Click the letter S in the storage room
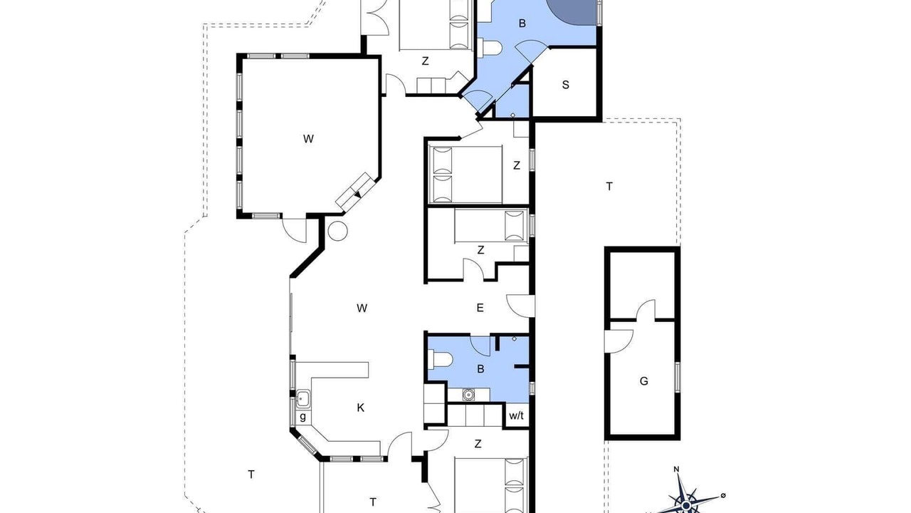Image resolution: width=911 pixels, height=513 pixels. pyautogui.click(x=565, y=85)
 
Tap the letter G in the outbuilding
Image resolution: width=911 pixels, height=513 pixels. pyautogui.click(x=644, y=381)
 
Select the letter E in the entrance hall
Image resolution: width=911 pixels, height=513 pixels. pyautogui.click(x=480, y=308)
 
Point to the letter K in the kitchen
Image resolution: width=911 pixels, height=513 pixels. pyautogui.click(x=360, y=408)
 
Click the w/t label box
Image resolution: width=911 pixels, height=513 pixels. pyautogui.click(x=516, y=415)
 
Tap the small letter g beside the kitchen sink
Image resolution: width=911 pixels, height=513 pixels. pyautogui.click(x=302, y=417)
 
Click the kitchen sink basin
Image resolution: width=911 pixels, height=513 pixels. pyautogui.click(x=303, y=398)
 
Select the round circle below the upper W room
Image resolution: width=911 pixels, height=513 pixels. pyautogui.click(x=337, y=231)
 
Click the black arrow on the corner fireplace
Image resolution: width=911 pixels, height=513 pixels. pyautogui.click(x=357, y=195)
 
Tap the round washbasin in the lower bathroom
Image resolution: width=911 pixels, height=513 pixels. pyautogui.click(x=468, y=394)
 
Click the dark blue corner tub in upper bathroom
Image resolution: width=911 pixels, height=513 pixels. pyautogui.click(x=574, y=11)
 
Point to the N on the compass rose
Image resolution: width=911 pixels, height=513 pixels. pyautogui.click(x=676, y=470)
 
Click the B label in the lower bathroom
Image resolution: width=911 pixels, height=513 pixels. pyautogui.click(x=480, y=369)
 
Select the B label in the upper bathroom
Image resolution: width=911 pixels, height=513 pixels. pyautogui.click(x=522, y=24)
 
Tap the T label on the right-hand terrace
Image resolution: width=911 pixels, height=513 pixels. pyautogui.click(x=609, y=187)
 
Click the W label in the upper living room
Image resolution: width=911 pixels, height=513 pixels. pyautogui.click(x=308, y=139)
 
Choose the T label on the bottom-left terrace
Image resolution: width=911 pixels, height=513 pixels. pyautogui.click(x=251, y=475)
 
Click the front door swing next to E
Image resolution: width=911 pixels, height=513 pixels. pyautogui.click(x=520, y=306)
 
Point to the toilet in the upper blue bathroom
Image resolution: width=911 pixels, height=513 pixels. pyautogui.click(x=490, y=48)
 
